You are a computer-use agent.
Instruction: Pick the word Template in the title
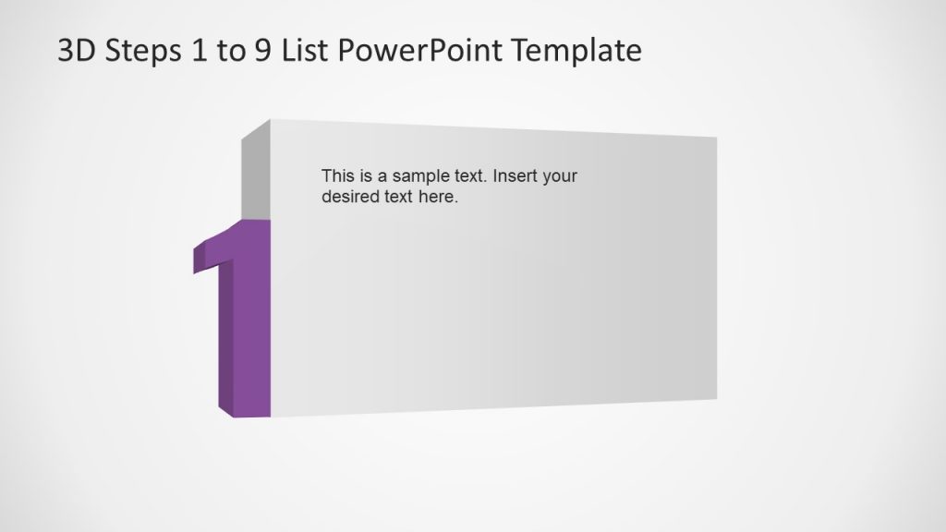tap(576, 51)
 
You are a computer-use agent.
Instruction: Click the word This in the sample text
tap(337, 175)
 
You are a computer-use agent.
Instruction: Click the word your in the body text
tap(560, 176)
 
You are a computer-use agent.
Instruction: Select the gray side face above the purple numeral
tap(256, 175)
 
